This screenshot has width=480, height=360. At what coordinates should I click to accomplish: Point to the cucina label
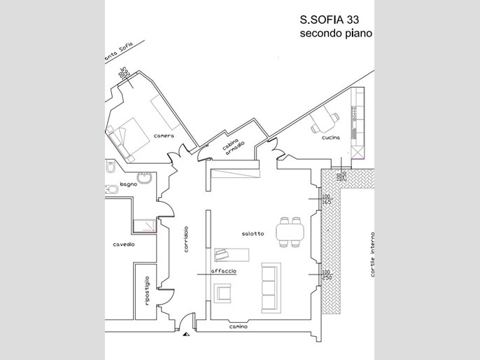point(331,137)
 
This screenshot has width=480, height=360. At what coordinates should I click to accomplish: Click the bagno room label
point(128,184)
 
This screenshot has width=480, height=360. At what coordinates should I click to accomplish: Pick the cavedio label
point(123,244)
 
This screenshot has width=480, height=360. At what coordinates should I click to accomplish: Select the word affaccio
point(224,271)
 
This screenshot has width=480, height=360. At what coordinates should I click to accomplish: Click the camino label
point(238,327)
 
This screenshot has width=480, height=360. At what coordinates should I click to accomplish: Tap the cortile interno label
point(374,254)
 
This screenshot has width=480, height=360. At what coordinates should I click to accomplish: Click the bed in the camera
point(127,138)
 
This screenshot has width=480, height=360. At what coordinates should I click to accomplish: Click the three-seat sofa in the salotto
point(271,287)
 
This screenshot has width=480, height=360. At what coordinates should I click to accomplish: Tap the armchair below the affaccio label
point(223,291)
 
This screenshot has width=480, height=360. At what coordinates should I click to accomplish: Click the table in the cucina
point(323,121)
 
